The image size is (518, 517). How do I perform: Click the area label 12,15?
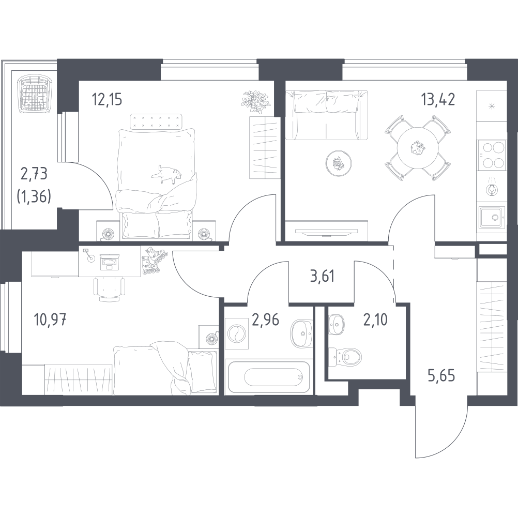(107, 99)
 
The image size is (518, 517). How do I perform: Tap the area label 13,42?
(438, 99)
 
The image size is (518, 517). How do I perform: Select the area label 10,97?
(51, 320)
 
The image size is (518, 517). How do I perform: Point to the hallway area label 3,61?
(322, 276)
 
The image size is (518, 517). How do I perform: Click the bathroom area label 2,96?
(265, 320)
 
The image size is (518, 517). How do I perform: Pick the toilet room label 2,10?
(375, 320)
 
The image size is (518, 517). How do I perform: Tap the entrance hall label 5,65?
(441, 376)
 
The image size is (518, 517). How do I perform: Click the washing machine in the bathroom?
(237, 333)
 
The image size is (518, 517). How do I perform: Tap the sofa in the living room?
(326, 115)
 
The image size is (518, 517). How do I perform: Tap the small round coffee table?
(338, 163)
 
